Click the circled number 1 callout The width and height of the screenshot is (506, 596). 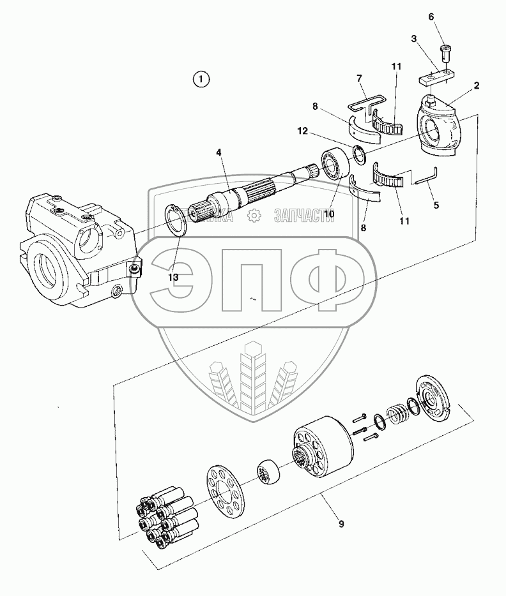click(201, 79)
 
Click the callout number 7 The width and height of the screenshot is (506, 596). click(359, 78)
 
